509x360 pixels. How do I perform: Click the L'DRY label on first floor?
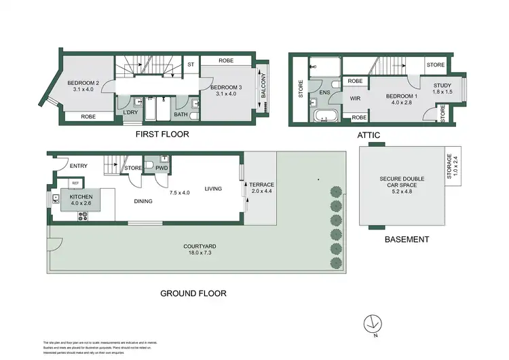click(130, 112)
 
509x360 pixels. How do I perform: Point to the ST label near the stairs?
click(191, 65)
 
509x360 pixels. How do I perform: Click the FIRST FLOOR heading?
click(162, 134)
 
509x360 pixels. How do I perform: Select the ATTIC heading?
click(369, 135)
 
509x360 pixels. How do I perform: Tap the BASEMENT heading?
click(407, 239)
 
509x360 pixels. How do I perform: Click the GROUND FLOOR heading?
click(193, 293)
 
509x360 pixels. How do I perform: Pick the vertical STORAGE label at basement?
click(452, 166)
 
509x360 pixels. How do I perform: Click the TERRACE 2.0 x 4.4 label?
click(261, 188)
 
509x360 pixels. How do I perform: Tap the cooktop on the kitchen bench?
click(84, 217)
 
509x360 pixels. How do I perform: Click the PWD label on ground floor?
click(162, 167)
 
